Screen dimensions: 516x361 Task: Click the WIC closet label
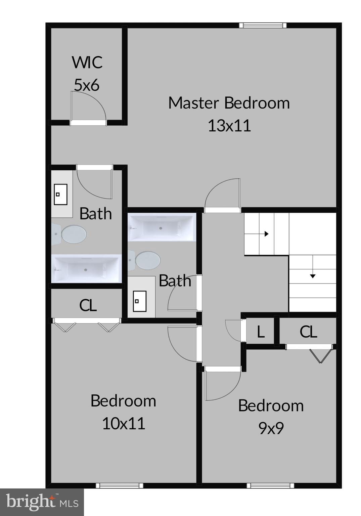[x=87, y=62]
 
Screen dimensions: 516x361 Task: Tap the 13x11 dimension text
[x=229, y=126]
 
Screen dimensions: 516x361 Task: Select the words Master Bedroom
[x=229, y=103]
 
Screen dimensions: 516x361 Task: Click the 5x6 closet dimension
[x=87, y=85]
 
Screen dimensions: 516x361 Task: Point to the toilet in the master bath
[x=71, y=234]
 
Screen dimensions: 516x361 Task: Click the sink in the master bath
[x=61, y=194]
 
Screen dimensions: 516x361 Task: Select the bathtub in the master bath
[x=86, y=269]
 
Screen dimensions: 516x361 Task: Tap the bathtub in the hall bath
[x=161, y=227]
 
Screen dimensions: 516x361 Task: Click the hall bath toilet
[x=145, y=260]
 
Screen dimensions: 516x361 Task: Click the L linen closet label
[x=261, y=332]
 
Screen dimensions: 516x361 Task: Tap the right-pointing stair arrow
[x=266, y=234]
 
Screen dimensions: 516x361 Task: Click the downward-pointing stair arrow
[x=313, y=276]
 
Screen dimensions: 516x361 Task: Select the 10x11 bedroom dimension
[x=124, y=423]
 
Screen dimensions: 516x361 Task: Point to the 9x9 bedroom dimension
[x=271, y=428]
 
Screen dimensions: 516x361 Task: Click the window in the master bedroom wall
[x=263, y=25]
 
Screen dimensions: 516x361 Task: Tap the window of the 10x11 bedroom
[x=120, y=485]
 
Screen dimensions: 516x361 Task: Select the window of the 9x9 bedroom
[x=270, y=485]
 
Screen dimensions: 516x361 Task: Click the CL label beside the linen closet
[x=308, y=332]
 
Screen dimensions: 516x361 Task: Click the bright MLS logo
[x=42, y=502]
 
